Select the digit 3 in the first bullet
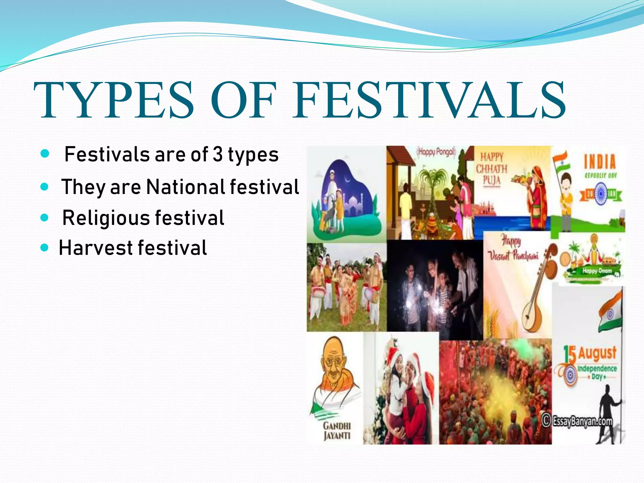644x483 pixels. click(217, 154)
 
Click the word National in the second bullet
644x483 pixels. click(186, 187)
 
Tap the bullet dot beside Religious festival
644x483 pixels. click(45, 218)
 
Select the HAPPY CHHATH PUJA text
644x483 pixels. click(491, 169)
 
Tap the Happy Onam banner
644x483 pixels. click(597, 271)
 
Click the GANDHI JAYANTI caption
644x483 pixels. click(337, 431)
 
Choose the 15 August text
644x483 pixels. click(590, 354)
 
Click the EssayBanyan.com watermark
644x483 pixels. click(578, 421)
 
